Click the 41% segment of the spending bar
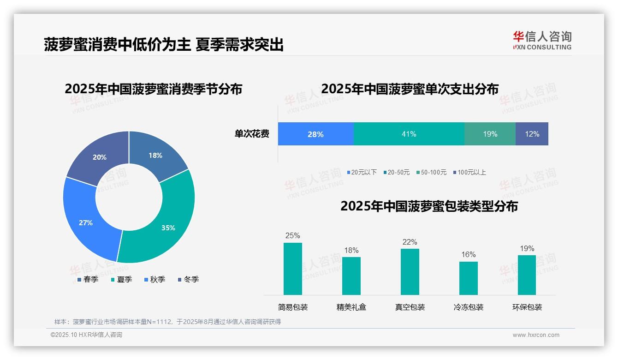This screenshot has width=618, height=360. click(x=409, y=134)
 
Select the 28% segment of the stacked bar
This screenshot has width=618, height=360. click(x=315, y=134)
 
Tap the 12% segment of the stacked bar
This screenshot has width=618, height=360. click(x=532, y=134)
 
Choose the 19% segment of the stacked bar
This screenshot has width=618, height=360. click(x=490, y=134)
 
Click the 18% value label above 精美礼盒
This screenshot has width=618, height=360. click(x=351, y=250)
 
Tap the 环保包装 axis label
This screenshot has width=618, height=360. click(x=527, y=307)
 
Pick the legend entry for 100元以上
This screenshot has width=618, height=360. click(x=470, y=172)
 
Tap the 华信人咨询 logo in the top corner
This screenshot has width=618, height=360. click(x=542, y=40)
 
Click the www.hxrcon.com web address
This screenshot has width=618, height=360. click(x=535, y=335)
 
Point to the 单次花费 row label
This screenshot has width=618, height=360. click(x=252, y=134)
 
